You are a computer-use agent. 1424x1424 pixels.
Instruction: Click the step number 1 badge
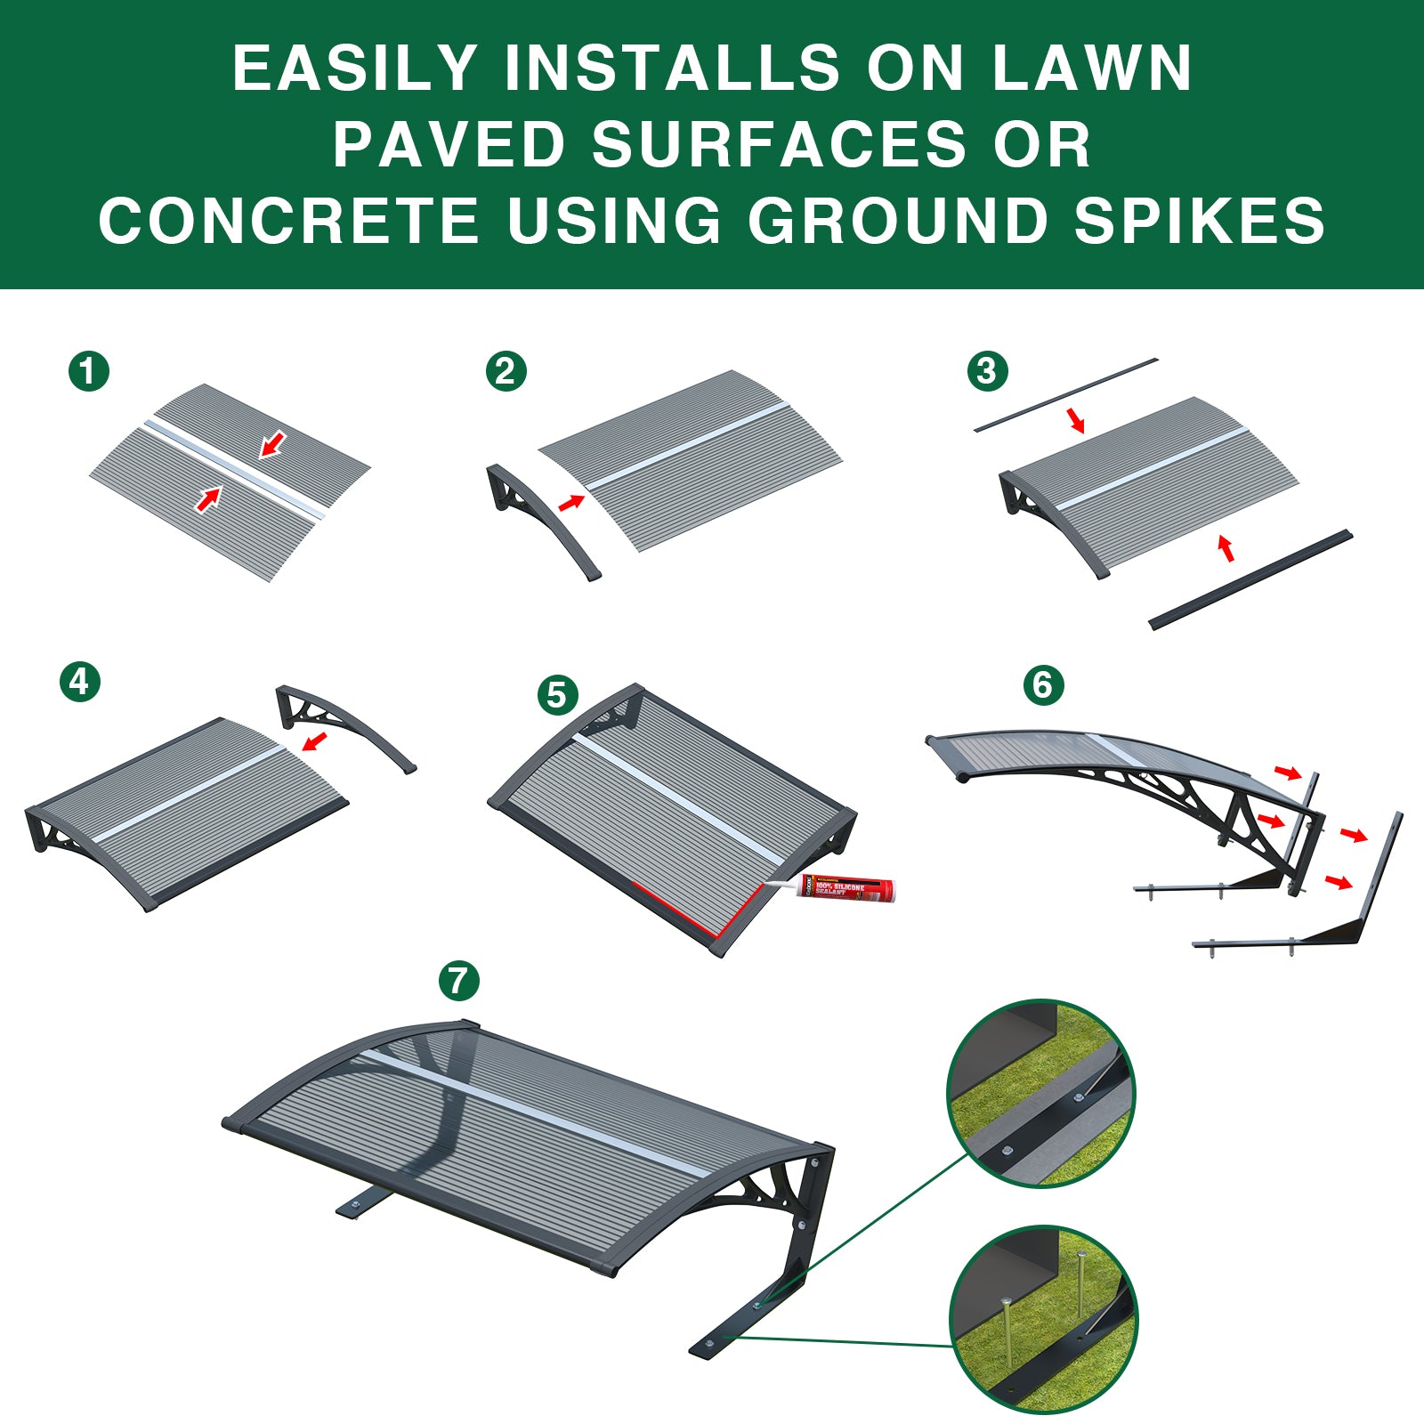[88, 371]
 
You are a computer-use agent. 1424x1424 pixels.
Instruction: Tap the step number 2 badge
[506, 371]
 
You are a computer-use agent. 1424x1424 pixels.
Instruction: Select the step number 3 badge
[986, 370]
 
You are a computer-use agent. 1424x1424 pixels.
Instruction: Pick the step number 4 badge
[80, 682]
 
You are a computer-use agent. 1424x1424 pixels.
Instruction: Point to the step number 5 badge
[557, 694]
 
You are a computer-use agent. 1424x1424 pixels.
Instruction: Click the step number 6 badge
[1043, 685]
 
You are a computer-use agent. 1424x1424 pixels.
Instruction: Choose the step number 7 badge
[458, 981]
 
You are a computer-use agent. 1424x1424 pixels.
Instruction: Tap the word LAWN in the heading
[1090, 69]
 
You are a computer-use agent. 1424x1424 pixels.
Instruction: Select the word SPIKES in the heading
[1199, 221]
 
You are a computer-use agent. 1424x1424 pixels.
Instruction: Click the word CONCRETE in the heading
[289, 221]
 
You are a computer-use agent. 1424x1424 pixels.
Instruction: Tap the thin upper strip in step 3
[1066, 394]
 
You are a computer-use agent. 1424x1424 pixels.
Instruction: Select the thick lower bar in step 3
[1250, 580]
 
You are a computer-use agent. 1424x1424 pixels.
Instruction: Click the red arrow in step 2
[570, 504]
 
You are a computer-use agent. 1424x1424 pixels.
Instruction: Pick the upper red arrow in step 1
[273, 443]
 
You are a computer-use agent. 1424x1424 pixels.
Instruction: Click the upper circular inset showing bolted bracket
[1040, 1094]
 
